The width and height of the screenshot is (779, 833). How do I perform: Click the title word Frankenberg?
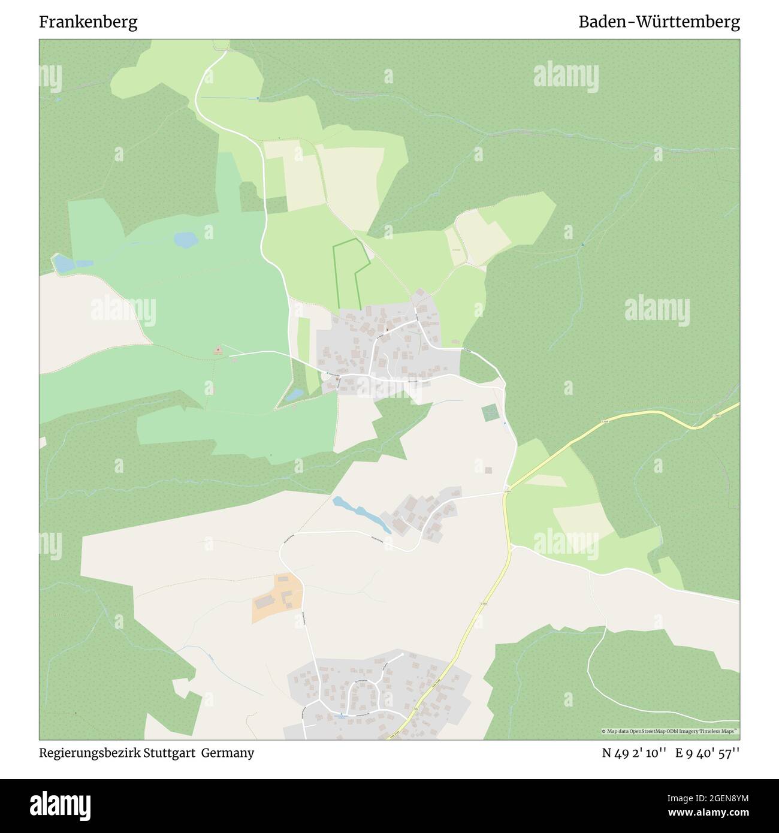click(x=88, y=22)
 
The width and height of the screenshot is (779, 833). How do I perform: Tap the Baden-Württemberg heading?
click(x=659, y=22)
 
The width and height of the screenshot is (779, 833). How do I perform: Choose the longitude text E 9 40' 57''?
click(x=708, y=753)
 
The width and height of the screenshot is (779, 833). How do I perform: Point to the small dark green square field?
click(x=490, y=412)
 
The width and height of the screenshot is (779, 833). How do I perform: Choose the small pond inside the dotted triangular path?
click(x=294, y=394)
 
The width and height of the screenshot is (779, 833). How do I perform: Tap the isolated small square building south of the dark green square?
click(x=488, y=470)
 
